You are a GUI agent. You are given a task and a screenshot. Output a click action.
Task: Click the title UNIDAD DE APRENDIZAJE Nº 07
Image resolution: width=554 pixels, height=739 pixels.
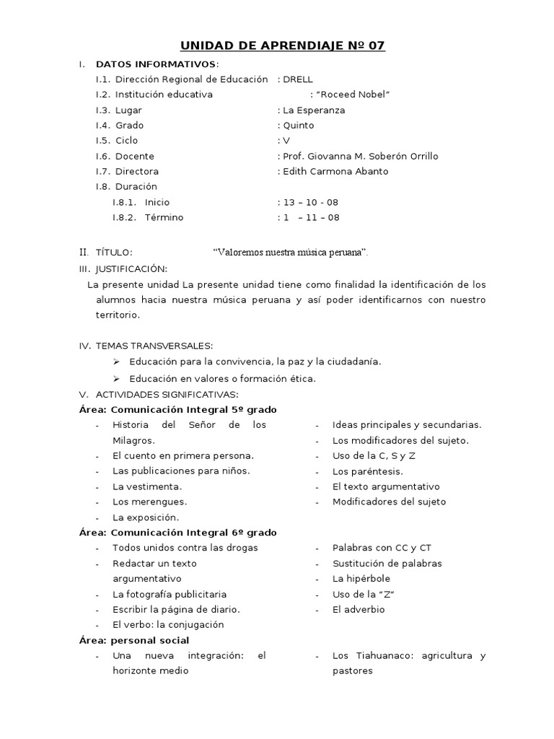tap(282, 46)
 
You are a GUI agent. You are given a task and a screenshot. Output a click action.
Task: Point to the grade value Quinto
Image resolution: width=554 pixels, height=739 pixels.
tap(298, 126)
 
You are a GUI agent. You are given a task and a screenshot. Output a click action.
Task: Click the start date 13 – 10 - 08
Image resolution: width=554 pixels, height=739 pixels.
tap(311, 203)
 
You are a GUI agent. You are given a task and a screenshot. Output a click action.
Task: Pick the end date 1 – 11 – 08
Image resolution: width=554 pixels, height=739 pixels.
tap(311, 218)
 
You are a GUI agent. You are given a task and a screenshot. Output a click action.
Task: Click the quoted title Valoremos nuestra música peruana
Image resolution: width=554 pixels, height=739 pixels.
tap(291, 253)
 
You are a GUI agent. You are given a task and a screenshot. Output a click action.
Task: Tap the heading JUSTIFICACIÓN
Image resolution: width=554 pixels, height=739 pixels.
tap(131, 268)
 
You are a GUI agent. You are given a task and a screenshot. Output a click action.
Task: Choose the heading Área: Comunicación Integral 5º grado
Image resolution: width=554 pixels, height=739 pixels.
tap(178, 410)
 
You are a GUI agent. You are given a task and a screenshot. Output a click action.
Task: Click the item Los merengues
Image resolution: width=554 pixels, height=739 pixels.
tap(149, 502)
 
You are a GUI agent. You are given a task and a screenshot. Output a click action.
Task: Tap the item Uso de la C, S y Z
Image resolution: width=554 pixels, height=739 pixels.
tap(374, 456)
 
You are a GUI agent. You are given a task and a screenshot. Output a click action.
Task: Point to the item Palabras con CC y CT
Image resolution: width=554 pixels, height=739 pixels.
tap(382, 548)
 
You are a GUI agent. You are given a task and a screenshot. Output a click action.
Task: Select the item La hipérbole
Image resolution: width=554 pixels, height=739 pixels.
tap(361, 579)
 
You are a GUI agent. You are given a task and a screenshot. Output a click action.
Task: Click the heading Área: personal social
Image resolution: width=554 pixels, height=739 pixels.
tap(135, 640)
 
